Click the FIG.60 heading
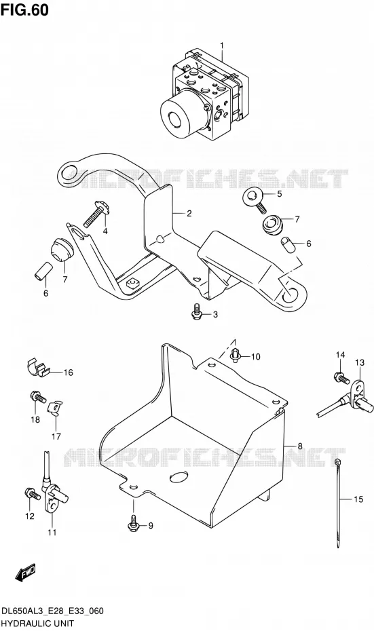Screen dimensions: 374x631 24,9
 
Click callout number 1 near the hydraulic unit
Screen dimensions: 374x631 221,45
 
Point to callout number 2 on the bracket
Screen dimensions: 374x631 189,214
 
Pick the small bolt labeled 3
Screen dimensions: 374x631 196,311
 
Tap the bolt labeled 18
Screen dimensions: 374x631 38,398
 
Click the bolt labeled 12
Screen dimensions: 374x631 33,493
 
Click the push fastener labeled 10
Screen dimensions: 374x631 236,355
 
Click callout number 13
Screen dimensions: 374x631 360,362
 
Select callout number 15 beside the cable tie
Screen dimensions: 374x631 358,499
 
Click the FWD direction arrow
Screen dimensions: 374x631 25,573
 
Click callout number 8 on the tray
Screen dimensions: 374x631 299,446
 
